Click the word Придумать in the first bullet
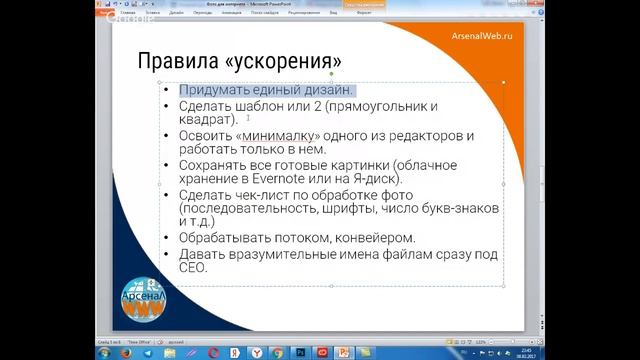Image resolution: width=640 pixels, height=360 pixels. click(213, 90)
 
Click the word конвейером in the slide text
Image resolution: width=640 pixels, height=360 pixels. click(376, 238)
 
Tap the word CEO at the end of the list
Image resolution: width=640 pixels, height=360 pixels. click(192, 267)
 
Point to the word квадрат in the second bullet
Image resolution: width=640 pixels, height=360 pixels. click(204, 120)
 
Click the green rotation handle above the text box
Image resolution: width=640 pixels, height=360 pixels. click(331, 73)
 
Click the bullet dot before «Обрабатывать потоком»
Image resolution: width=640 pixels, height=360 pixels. click(167, 239)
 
